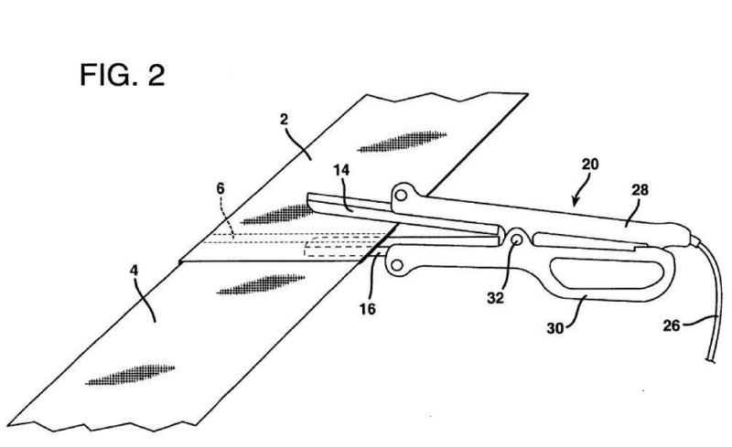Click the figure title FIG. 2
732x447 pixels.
pyautogui.click(x=121, y=74)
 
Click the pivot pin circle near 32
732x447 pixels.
pyautogui.click(x=517, y=239)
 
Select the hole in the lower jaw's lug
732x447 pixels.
pyautogui.click(x=396, y=265)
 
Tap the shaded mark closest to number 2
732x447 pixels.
pyautogui.click(x=400, y=140)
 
